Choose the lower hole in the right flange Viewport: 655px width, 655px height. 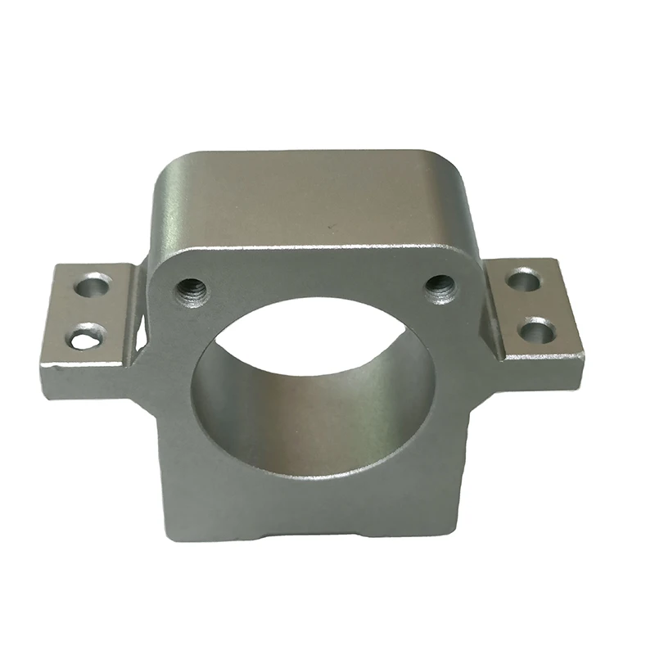537,330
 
